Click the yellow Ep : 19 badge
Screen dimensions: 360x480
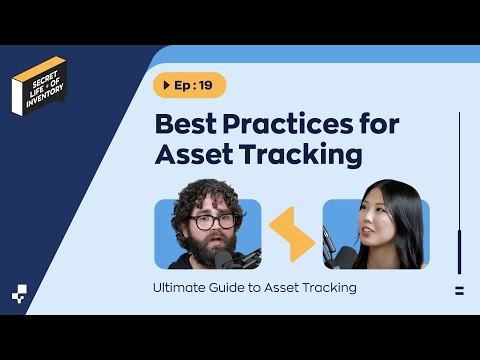coord(189,85)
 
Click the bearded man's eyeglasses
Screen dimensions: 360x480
coord(212,221)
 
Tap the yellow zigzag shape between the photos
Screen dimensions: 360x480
coord(292,235)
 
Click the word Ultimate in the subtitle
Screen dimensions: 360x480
coord(182,288)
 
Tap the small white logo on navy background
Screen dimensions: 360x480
coord(20,293)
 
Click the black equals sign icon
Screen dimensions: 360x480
coord(459,291)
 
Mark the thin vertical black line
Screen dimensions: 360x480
coord(459,190)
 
